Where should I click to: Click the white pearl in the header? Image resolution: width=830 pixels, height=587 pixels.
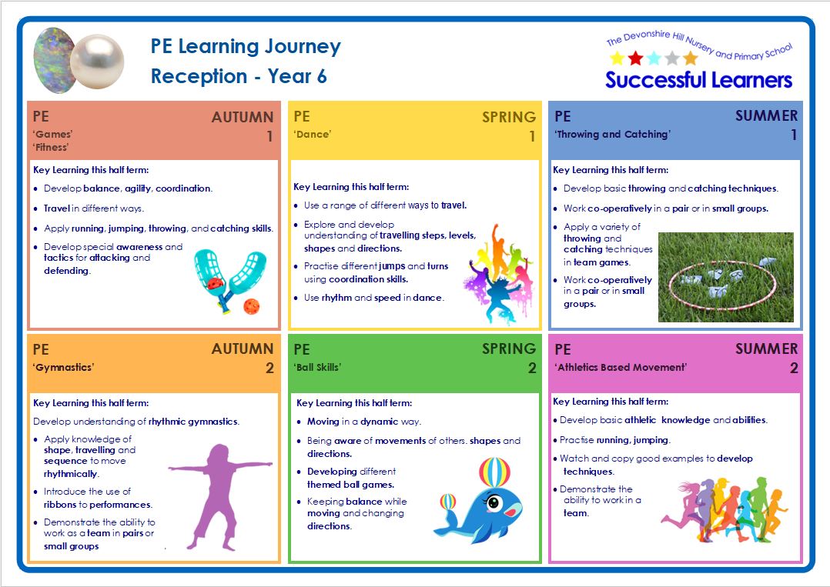pyautogui.click(x=97, y=62)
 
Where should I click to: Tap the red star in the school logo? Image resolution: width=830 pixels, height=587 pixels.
pyautogui.click(x=635, y=58)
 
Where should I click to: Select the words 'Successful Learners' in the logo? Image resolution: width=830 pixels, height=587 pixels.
pyautogui.click(x=699, y=80)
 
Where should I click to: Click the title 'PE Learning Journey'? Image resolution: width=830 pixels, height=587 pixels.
pyautogui.click(x=246, y=47)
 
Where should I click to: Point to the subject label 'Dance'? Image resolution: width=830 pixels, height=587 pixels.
pyautogui.click(x=313, y=135)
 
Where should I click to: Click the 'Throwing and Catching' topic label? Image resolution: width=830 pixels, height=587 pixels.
pyautogui.click(x=612, y=135)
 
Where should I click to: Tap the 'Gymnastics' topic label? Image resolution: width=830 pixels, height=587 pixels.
pyautogui.click(x=63, y=368)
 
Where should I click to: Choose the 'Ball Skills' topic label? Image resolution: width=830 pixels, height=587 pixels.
pyautogui.click(x=317, y=367)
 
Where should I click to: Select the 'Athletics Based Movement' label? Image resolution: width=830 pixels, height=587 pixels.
pyautogui.click(x=621, y=367)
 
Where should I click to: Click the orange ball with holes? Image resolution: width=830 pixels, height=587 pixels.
pyautogui.click(x=251, y=306)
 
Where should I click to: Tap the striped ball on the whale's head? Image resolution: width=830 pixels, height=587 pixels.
pyautogui.click(x=494, y=472)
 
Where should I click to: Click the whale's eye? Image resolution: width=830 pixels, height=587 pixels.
pyautogui.click(x=494, y=502)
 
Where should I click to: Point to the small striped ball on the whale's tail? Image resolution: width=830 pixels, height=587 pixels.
pyautogui.click(x=448, y=502)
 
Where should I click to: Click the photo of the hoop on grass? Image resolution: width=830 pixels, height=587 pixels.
pyautogui.click(x=726, y=277)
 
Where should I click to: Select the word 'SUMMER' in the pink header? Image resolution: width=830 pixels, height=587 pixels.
pyautogui.click(x=767, y=349)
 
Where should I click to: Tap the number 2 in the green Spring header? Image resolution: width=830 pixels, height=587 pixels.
pyautogui.click(x=532, y=369)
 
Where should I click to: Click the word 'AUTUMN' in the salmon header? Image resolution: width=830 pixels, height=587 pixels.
pyautogui.click(x=243, y=117)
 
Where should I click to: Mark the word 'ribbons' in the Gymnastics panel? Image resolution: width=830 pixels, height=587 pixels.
pyautogui.click(x=60, y=505)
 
